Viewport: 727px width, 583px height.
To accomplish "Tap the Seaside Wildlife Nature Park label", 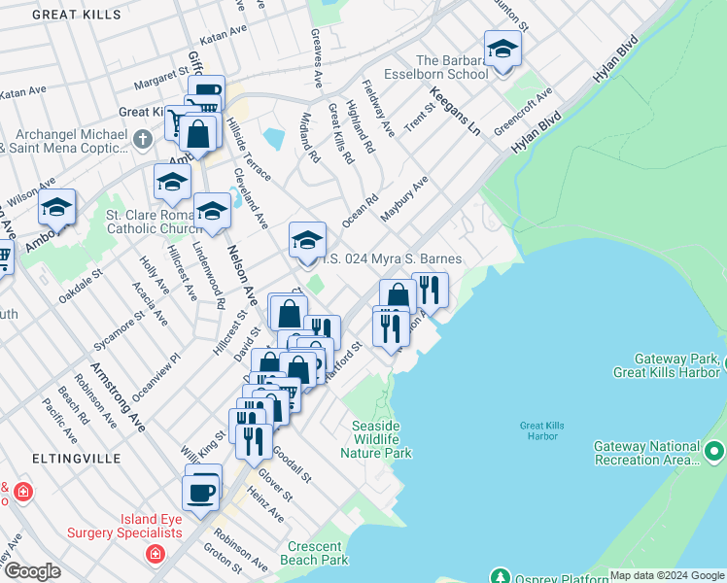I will click(x=382, y=439).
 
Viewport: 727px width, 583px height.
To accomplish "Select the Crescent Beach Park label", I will click(x=314, y=554).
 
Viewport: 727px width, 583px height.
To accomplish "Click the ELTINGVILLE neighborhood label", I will click(x=75, y=457).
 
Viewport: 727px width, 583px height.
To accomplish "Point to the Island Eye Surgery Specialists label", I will click(x=123, y=526).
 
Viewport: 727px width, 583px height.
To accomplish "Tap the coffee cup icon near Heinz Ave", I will click(x=202, y=491).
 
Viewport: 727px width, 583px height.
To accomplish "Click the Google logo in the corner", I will click(x=31, y=571).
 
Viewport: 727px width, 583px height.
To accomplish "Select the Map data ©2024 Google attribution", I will click(x=667, y=575).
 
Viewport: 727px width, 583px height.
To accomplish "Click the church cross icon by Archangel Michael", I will click(x=143, y=138).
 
